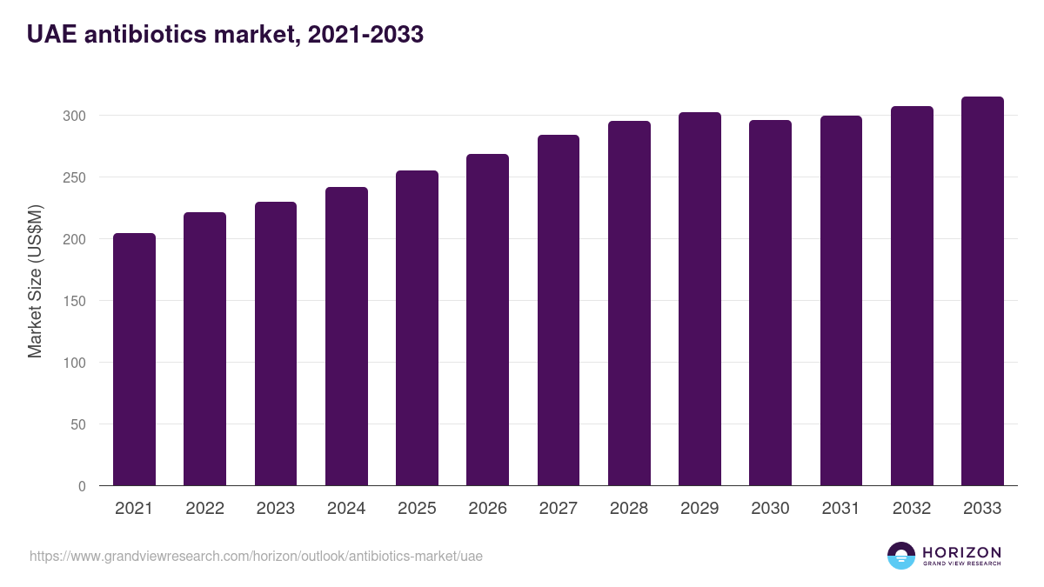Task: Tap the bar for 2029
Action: click(x=699, y=299)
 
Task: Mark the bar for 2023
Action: click(x=276, y=344)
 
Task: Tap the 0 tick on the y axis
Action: click(x=82, y=486)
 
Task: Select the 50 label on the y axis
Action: click(x=78, y=424)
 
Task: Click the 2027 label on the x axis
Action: click(x=559, y=509)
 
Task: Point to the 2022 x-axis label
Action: click(x=204, y=509)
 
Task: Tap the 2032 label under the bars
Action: click(x=912, y=509)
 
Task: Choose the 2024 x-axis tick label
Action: click(x=346, y=509)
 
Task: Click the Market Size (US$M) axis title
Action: click(x=35, y=281)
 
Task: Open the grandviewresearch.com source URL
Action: click(x=256, y=556)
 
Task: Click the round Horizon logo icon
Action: click(x=901, y=556)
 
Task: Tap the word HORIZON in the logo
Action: click(x=961, y=552)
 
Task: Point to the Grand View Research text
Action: click(x=961, y=564)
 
